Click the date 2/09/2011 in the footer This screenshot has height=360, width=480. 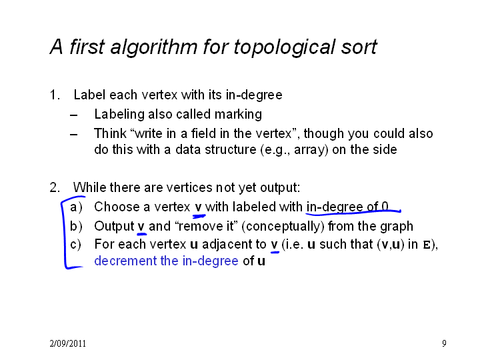pyautogui.click(x=67, y=343)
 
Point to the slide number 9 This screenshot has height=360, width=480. pyautogui.click(x=444, y=343)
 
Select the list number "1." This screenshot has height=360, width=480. pyautogui.click(x=55, y=95)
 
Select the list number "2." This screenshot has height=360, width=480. pyautogui.click(x=55, y=187)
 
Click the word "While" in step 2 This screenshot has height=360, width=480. pyautogui.click(x=90, y=187)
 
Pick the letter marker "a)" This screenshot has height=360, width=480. pyautogui.click(x=76, y=207)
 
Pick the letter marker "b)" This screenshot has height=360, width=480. pyautogui.click(x=76, y=226)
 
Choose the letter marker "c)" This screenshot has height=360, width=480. pyautogui.click(x=76, y=245)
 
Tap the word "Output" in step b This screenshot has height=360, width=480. pyautogui.click(x=114, y=227)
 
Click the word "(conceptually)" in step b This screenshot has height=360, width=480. pyautogui.click(x=283, y=227)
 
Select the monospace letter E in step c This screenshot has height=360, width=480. pyautogui.click(x=427, y=245)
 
